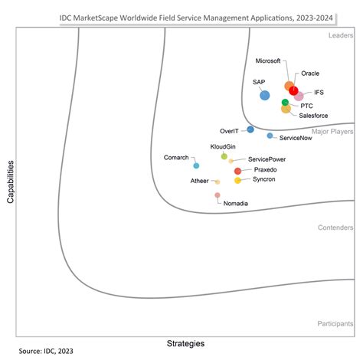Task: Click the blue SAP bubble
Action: tap(264, 95)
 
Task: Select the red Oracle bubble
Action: tap(293, 91)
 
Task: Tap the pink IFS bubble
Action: tap(299, 97)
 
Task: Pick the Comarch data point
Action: tap(196, 165)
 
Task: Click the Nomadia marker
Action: tap(217, 195)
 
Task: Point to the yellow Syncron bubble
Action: tap(237, 181)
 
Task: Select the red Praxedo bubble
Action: tap(237, 171)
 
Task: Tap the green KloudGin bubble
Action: tap(224, 155)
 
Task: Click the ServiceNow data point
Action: tap(270, 136)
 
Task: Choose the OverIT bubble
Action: tap(250, 129)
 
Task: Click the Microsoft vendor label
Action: tap(267, 61)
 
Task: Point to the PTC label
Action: tap(306, 105)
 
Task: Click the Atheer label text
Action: tap(199, 181)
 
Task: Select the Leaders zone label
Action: tap(339, 35)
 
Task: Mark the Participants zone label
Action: tap(335, 324)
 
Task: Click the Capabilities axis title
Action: tap(11, 181)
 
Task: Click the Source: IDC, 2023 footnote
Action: tap(46, 352)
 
